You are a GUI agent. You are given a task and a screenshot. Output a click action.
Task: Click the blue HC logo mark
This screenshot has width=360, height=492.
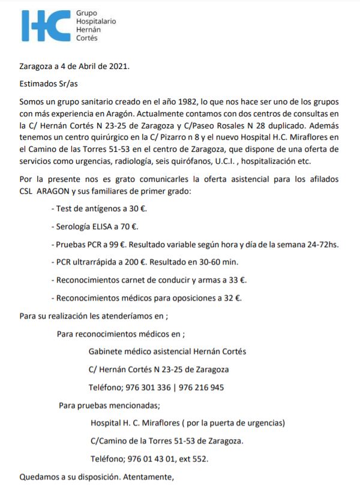[x=46, y=25]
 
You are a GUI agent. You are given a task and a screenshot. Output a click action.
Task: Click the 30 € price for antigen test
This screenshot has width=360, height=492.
[x=137, y=209]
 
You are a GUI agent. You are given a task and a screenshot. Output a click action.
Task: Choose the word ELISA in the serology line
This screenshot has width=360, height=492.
[x=106, y=226]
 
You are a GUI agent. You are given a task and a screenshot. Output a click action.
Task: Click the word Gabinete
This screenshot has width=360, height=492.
[x=106, y=351]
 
